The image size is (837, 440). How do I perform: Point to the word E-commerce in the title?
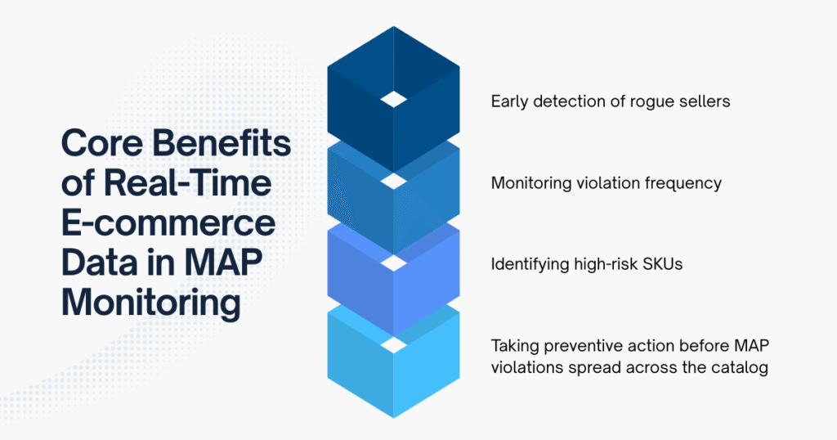(x=168, y=223)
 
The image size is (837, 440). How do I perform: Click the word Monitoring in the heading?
(x=151, y=302)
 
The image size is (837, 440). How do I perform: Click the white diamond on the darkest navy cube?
(x=394, y=99)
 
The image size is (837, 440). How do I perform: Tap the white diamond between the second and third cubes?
(x=394, y=263)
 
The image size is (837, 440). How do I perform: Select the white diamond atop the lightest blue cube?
(x=394, y=344)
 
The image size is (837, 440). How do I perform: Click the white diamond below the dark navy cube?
(x=394, y=181)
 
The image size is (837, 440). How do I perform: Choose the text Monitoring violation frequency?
(x=606, y=183)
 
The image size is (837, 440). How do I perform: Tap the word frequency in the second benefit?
(x=683, y=183)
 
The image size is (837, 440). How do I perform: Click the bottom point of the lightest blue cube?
(x=394, y=416)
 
